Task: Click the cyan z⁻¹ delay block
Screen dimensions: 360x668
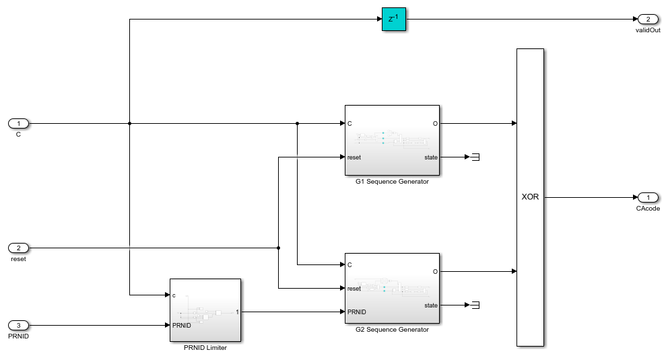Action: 394,20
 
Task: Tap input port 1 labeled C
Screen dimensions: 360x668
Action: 19,123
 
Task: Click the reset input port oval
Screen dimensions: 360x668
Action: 19,248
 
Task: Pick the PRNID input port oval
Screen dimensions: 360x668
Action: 19,325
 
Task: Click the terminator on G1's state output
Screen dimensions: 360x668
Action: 475,157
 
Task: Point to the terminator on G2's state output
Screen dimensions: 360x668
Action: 475,305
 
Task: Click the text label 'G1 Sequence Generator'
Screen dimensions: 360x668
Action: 391,181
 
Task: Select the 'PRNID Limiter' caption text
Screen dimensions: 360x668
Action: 205,347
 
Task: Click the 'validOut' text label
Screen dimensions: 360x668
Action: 648,30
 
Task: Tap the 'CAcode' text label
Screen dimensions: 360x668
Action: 648,209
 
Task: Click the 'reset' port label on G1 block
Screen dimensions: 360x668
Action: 354,157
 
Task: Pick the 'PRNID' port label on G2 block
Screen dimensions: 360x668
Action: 357,312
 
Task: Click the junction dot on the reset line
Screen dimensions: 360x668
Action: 279,248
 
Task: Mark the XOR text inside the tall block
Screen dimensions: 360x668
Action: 530,197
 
